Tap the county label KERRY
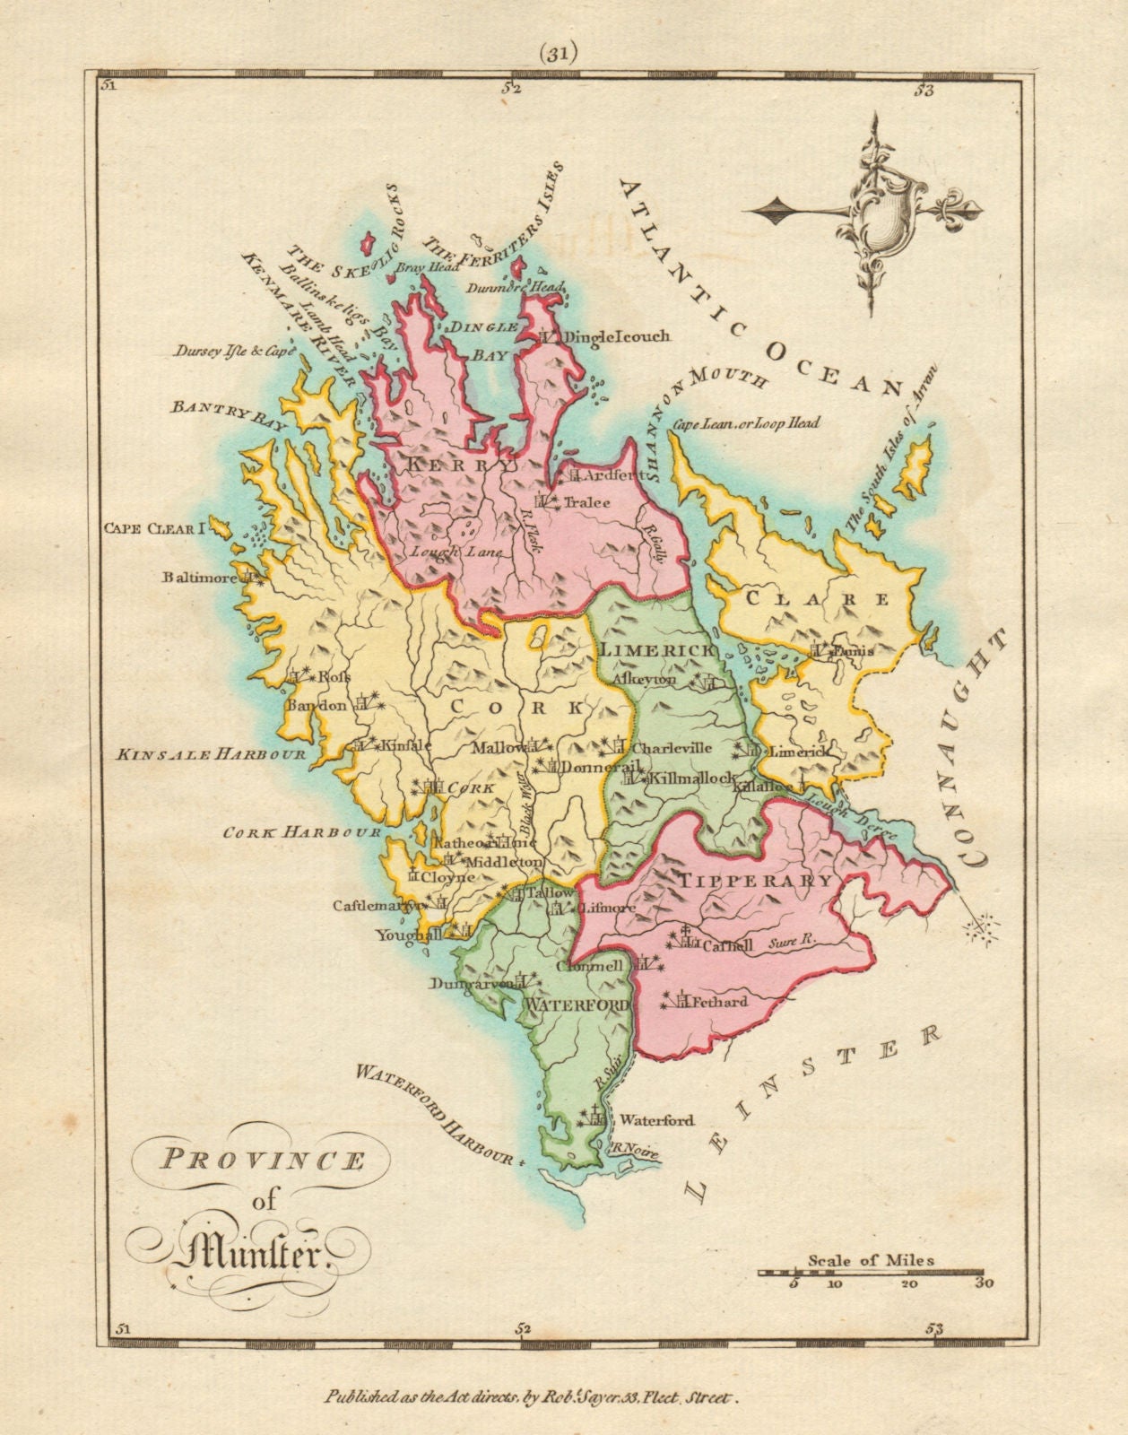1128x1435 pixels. click(x=460, y=465)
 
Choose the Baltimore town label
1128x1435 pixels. click(x=201, y=578)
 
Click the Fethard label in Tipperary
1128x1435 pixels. click(x=717, y=1001)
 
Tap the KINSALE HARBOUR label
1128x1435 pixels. click(x=211, y=755)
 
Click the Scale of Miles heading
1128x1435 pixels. click(x=871, y=1259)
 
